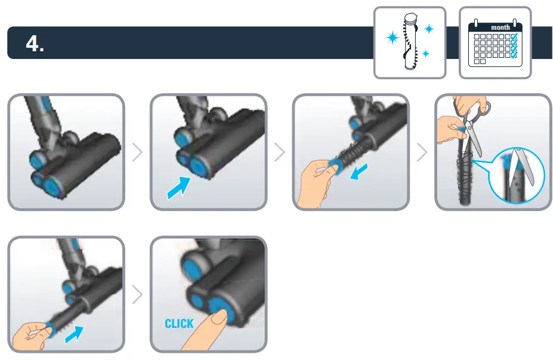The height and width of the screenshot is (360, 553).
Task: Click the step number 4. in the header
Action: point(35,43)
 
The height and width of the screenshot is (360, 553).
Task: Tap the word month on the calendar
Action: point(500,27)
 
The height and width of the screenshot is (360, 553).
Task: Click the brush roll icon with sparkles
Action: point(409,43)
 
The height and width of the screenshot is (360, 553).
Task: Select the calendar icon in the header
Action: point(495,43)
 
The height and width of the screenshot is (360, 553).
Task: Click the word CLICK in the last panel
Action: point(179,324)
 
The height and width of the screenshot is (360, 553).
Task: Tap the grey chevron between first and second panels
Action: point(137,153)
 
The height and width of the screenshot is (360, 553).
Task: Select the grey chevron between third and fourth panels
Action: point(422,153)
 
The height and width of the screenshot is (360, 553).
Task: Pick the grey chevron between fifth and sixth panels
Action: point(137,294)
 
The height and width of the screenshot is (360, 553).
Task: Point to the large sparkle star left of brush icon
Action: point(393,38)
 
